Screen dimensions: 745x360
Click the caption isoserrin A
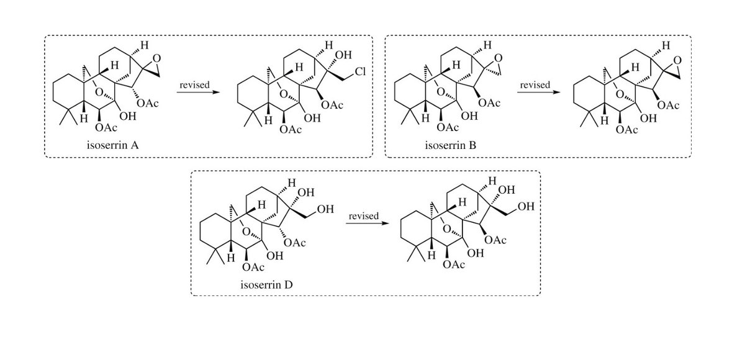(113, 145)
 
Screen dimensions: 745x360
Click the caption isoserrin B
(450, 145)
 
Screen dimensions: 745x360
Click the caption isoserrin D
(266, 285)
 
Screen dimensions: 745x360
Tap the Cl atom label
(360, 71)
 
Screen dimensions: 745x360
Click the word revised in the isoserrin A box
(194, 85)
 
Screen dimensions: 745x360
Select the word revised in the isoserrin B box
(535, 85)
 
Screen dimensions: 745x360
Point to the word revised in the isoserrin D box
(364, 216)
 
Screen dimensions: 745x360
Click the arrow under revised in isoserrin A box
(198, 92)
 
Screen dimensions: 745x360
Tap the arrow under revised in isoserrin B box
(539, 92)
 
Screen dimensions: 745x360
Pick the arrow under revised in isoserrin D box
(367, 223)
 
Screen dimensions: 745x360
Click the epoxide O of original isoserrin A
(156, 58)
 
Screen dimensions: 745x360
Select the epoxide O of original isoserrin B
(498, 58)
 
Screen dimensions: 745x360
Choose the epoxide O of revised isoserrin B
(677, 60)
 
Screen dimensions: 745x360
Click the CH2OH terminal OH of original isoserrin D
(325, 209)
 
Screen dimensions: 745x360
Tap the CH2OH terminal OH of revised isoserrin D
(526, 207)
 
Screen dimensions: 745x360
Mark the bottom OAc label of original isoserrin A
(106, 128)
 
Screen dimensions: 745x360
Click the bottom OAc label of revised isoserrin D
(454, 264)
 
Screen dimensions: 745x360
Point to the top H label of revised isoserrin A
(328, 45)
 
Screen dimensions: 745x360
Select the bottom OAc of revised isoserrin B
(626, 130)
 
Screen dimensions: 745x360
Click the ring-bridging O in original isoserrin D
(246, 232)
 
